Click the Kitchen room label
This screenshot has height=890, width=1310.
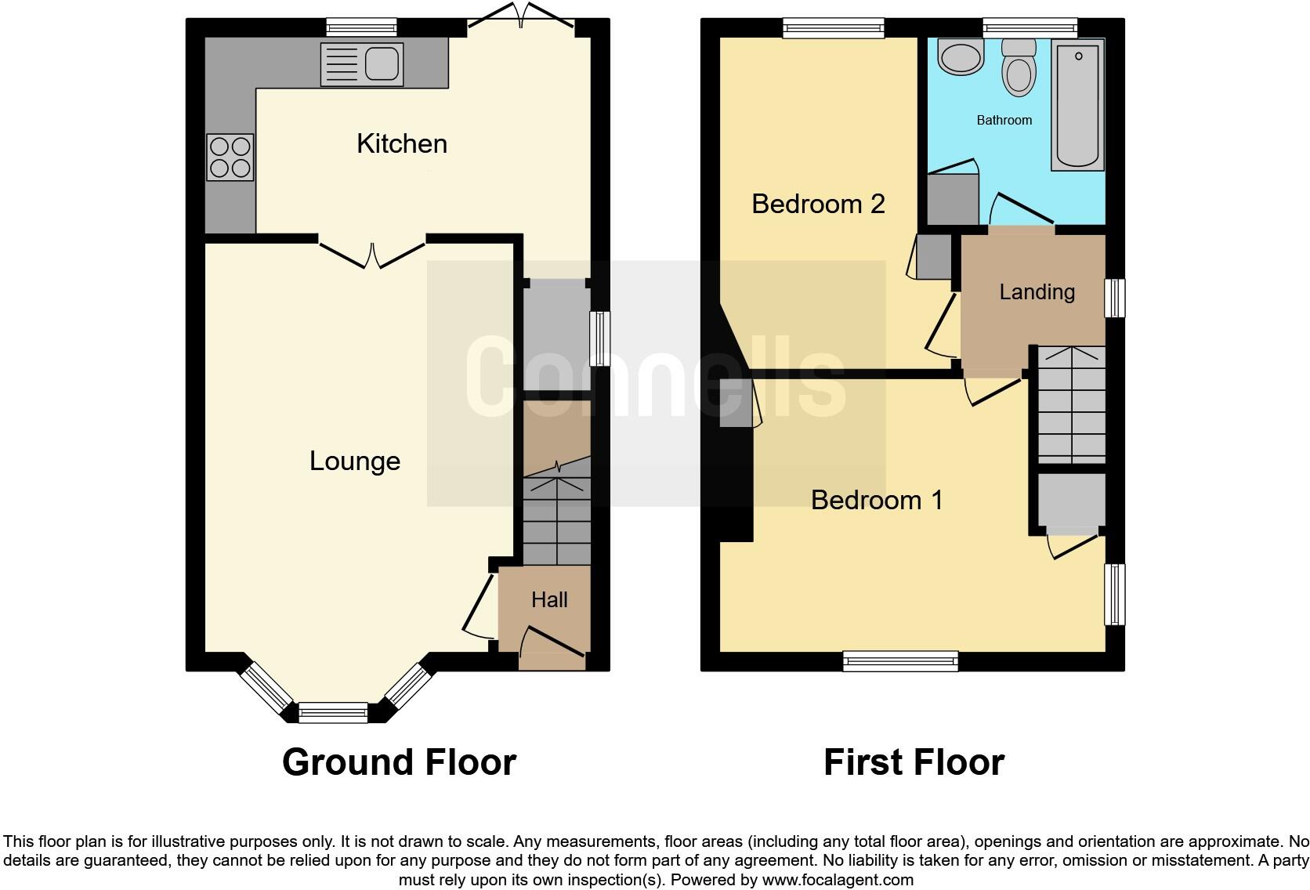tap(401, 143)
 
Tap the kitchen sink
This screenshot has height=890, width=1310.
tap(362, 64)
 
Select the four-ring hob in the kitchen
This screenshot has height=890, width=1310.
tap(230, 157)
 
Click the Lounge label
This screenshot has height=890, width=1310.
tap(354, 461)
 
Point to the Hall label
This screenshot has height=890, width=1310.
tap(548, 600)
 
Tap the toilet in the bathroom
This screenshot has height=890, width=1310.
tap(1018, 69)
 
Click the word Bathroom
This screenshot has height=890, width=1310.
tap(1004, 120)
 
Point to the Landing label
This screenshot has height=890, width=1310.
tap(1037, 292)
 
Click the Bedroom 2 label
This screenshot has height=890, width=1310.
tap(817, 204)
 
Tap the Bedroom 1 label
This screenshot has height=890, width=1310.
tap(876, 500)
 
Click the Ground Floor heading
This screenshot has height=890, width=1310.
tap(399, 762)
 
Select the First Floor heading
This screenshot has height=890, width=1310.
tap(914, 762)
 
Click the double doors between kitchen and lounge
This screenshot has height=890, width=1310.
tap(372, 252)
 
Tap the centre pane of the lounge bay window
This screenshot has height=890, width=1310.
tap(333, 713)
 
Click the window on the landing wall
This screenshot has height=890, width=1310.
tap(1114, 298)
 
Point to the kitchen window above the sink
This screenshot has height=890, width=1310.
tap(361, 28)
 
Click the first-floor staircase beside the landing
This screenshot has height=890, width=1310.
tap(1071, 405)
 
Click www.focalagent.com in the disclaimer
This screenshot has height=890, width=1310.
tap(838, 880)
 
